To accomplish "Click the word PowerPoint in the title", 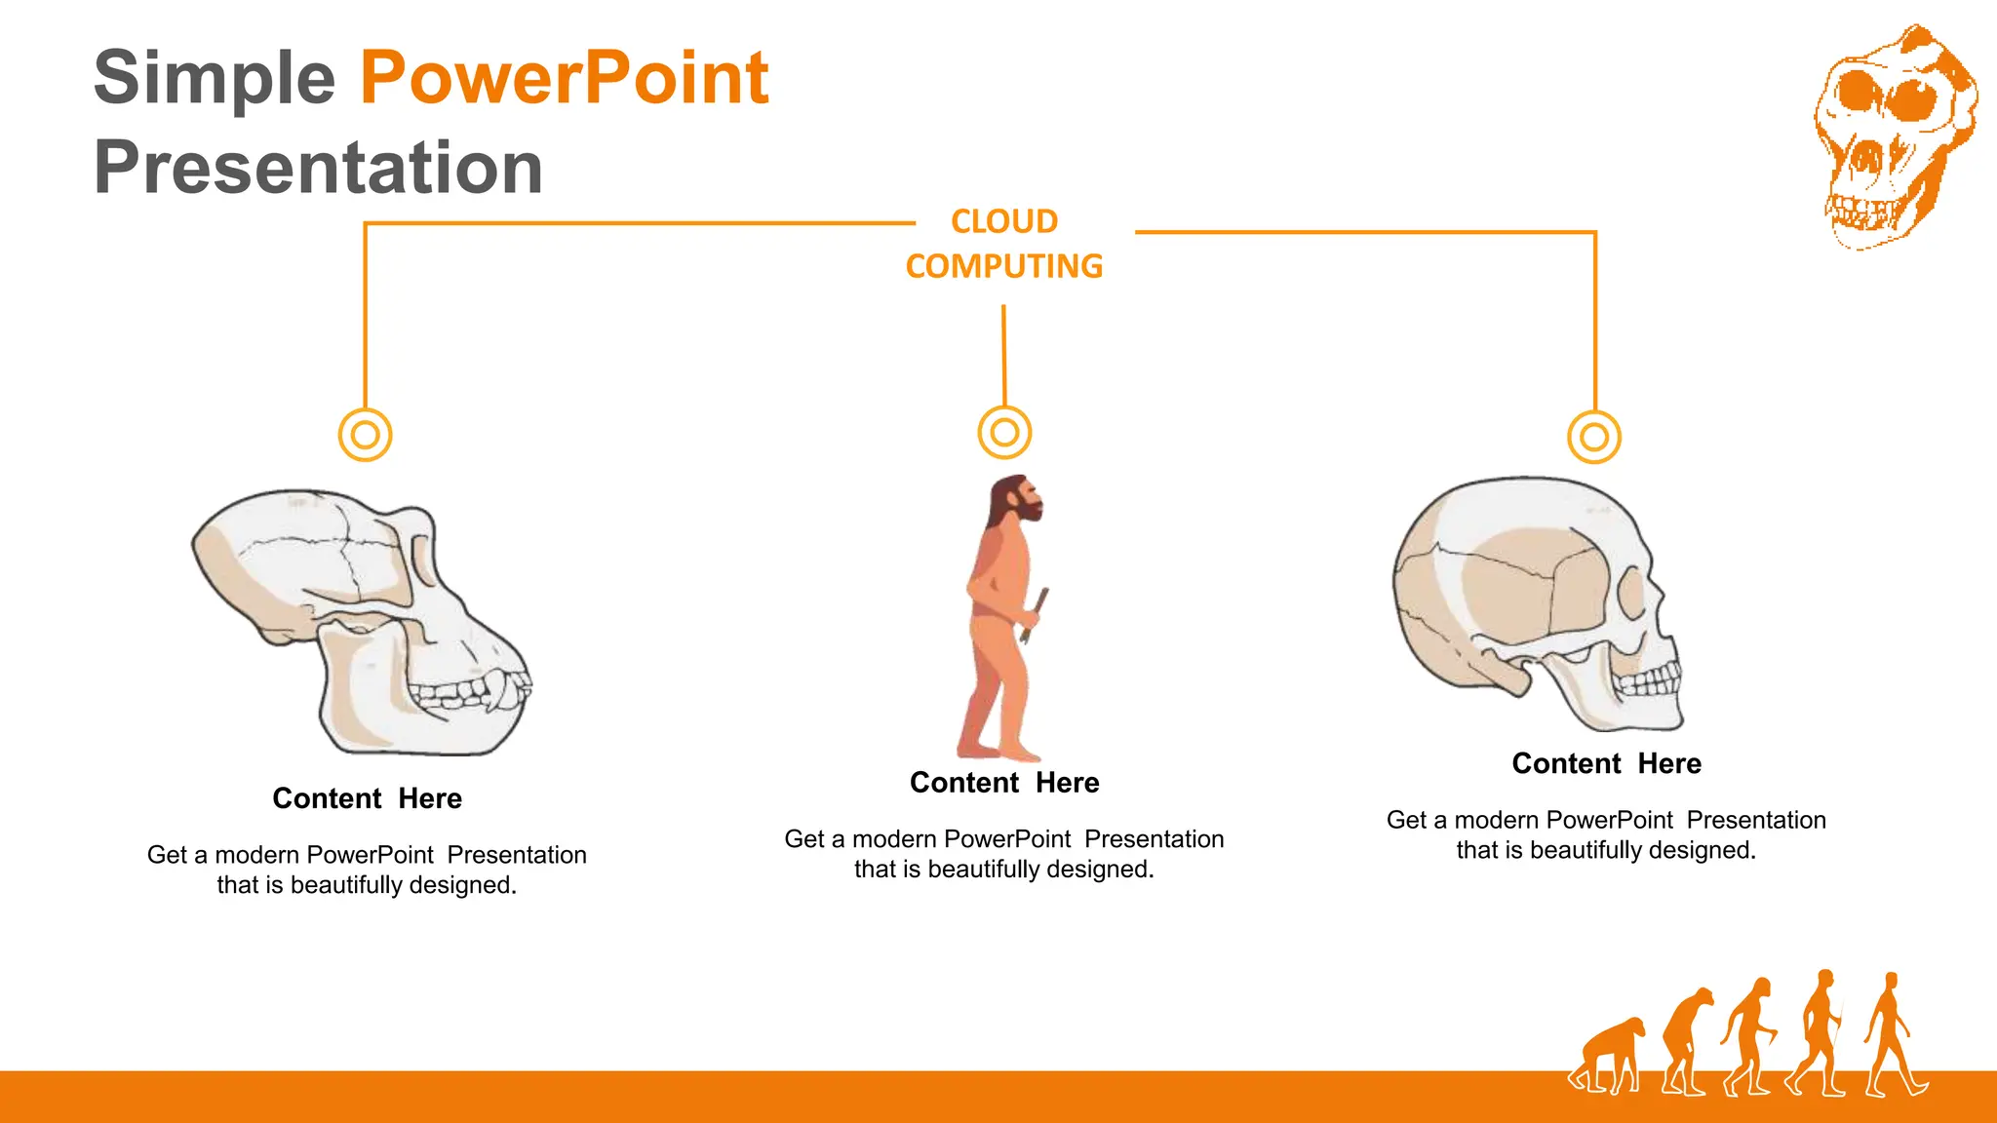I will click(564, 78).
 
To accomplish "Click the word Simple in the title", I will click(215, 78).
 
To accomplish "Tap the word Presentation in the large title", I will click(318, 168).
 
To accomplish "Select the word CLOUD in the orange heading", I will click(1004, 221).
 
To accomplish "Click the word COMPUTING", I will click(1004, 266).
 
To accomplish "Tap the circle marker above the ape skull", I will click(366, 435).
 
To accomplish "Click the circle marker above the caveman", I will click(1004, 432).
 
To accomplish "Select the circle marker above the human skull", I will click(1594, 437).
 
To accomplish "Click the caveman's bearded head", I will click(1016, 499).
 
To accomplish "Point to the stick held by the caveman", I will click(1036, 614).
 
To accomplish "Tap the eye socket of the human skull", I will click(1631, 592).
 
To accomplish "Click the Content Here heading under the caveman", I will click(1004, 783).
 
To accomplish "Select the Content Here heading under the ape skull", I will click(367, 798).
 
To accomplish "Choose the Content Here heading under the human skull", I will click(1606, 763).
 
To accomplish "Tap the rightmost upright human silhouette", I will click(1892, 1033).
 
